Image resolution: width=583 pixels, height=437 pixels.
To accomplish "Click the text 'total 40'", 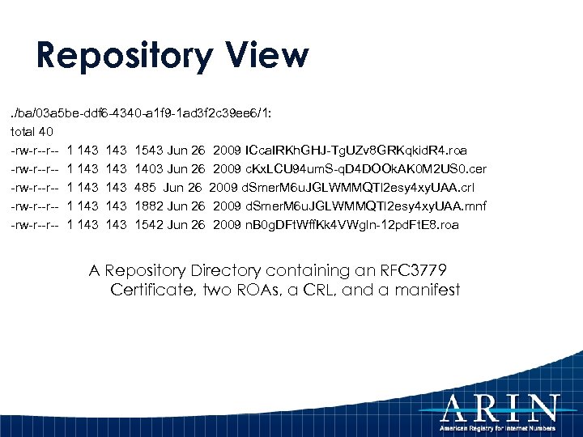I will [x=32, y=132].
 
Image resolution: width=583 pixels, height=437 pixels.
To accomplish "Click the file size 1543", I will [x=148, y=151].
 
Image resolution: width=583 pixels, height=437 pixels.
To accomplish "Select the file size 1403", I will [x=148, y=169].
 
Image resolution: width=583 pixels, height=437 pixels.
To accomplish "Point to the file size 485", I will [x=146, y=188].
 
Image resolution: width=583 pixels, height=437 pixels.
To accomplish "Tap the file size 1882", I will [x=148, y=206].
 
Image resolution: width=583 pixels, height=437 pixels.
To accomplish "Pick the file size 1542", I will [x=148, y=225].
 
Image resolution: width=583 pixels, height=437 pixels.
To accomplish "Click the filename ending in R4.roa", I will [x=355, y=151].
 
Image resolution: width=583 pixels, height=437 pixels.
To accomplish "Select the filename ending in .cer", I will [x=365, y=169].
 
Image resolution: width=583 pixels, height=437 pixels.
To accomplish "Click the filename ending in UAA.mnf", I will [x=365, y=206].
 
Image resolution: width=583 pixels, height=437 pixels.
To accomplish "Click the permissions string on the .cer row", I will [x=35, y=169].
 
